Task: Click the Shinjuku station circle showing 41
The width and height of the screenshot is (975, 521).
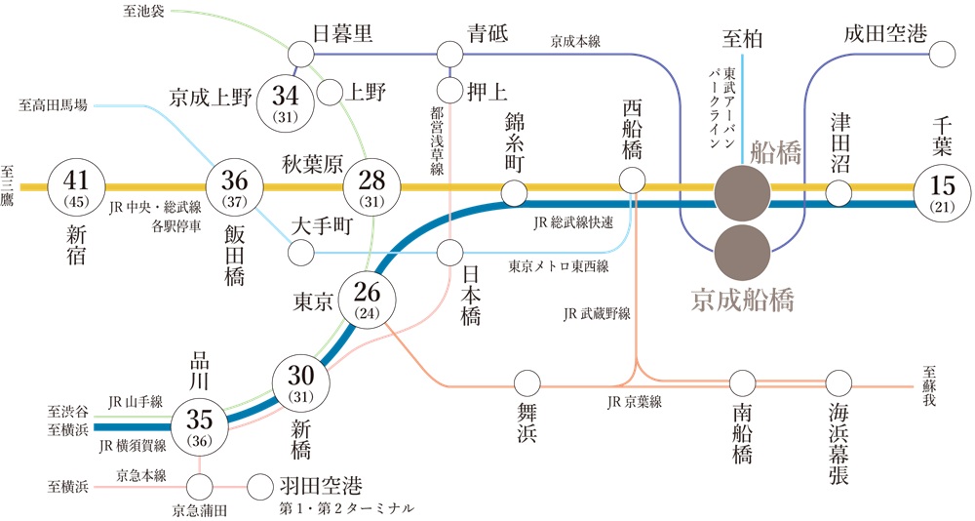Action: [x=76, y=186]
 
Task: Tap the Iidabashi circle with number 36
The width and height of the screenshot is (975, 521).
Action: [x=234, y=186]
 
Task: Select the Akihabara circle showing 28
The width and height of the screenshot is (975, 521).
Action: [x=371, y=186]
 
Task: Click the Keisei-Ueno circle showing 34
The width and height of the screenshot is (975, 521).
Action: [x=286, y=102]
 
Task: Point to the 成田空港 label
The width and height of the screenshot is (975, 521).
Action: [x=885, y=33]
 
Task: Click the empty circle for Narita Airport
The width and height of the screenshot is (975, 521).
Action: [x=942, y=55]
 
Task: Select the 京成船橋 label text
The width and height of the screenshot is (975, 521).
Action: [x=742, y=301]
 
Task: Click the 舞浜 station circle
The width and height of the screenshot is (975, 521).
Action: [x=527, y=383]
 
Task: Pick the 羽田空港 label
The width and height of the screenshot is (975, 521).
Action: [x=321, y=486]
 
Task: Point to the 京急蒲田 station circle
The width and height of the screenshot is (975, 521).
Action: [x=200, y=487]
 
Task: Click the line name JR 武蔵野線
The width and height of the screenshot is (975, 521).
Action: [x=597, y=314]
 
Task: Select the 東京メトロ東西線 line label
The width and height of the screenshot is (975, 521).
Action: [x=559, y=266]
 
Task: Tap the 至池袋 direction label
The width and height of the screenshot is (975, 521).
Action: [x=143, y=11]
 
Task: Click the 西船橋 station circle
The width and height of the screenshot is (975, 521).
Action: [x=633, y=181]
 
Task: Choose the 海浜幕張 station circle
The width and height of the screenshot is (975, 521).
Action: [x=838, y=383]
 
